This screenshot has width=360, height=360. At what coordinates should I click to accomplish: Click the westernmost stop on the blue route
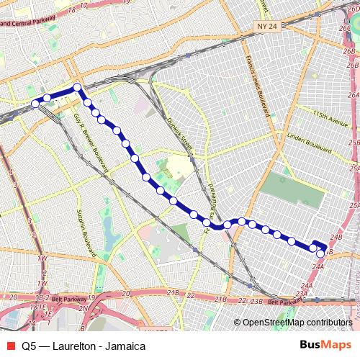(x=35, y=104)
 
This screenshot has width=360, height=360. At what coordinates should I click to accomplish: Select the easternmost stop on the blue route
(x=320, y=253)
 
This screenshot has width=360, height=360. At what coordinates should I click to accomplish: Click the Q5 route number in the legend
(x=29, y=346)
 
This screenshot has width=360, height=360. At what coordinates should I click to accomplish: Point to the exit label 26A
(x=353, y=94)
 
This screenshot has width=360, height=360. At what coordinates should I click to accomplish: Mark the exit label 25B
(x=354, y=143)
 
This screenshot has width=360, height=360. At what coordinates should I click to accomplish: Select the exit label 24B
(x=336, y=236)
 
